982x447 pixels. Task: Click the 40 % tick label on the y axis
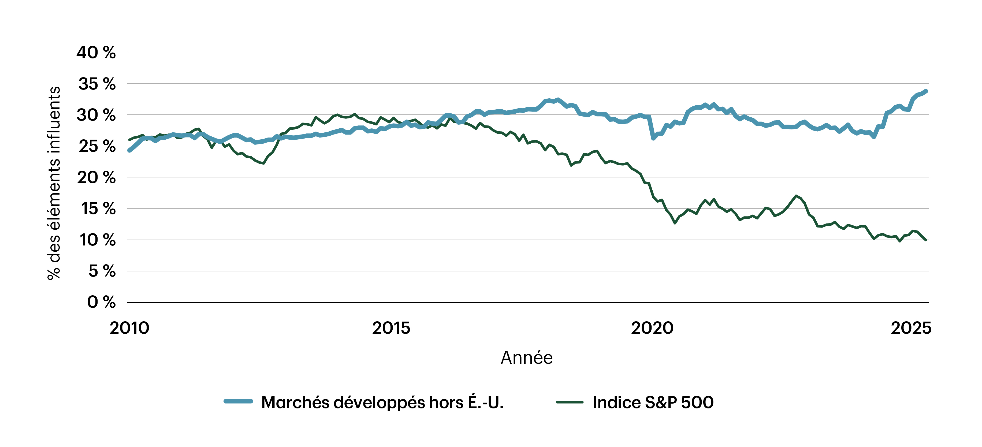pos(96,53)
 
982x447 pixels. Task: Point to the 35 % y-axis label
pos(97,84)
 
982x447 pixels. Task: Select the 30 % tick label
pos(96,115)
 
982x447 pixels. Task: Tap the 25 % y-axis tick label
pos(97,146)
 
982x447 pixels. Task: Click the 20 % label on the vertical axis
pos(96,178)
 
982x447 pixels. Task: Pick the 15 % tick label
pos(98,209)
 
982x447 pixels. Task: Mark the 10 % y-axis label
pos(97,240)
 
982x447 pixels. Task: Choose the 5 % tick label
pos(102,271)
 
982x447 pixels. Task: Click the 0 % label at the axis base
pos(101,302)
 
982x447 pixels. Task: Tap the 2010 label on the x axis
pos(129,328)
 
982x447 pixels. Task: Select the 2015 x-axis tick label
pos(391,328)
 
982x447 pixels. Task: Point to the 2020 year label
pos(652,328)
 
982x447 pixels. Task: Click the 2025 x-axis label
pos(911,328)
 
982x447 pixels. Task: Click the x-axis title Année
pos(526,358)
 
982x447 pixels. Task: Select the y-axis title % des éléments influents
pos(54,183)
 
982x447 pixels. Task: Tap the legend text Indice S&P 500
pos(653,403)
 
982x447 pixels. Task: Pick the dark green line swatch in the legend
pos(570,402)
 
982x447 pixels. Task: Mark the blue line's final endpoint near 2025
pos(925,91)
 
